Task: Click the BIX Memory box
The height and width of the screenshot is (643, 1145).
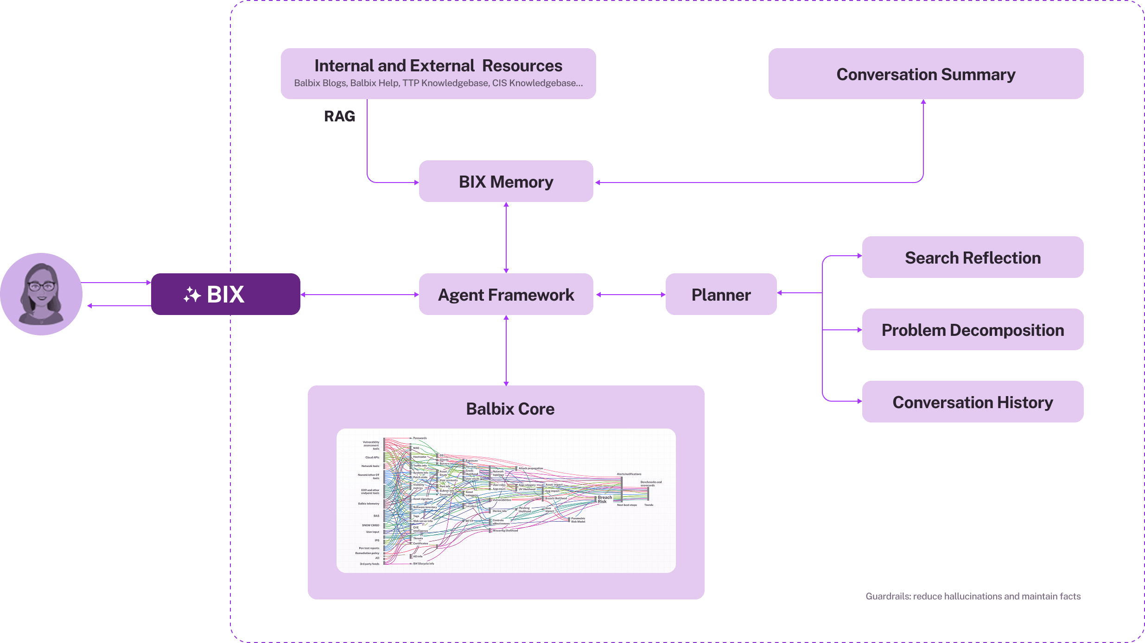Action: coord(506,182)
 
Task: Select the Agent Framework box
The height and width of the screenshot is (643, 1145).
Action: coord(506,295)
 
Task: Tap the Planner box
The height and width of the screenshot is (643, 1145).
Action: coord(721,295)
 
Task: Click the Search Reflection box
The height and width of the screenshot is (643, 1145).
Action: coord(973,258)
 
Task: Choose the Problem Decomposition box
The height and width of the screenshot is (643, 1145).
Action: coord(973,330)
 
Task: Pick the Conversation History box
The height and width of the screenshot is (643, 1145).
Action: coord(973,402)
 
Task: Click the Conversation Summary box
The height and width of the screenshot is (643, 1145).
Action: coord(926,74)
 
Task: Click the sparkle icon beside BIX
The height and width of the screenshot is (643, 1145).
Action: coord(192,295)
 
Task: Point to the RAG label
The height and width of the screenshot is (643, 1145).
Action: coord(340,116)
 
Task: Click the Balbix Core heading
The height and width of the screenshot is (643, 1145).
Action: coord(510,409)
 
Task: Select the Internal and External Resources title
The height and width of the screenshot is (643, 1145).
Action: coord(438,66)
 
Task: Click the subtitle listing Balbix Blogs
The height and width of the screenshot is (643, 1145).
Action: coord(438,83)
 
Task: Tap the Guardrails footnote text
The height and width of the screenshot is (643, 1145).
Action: coord(973,596)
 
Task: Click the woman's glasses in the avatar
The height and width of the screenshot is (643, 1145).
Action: coord(41,286)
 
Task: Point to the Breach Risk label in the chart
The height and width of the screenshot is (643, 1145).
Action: coord(604,499)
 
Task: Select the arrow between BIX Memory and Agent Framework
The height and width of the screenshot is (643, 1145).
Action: coord(506,237)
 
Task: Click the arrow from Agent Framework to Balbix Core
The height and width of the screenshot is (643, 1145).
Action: coord(506,350)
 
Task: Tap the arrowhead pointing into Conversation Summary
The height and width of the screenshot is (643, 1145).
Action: coord(923,102)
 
